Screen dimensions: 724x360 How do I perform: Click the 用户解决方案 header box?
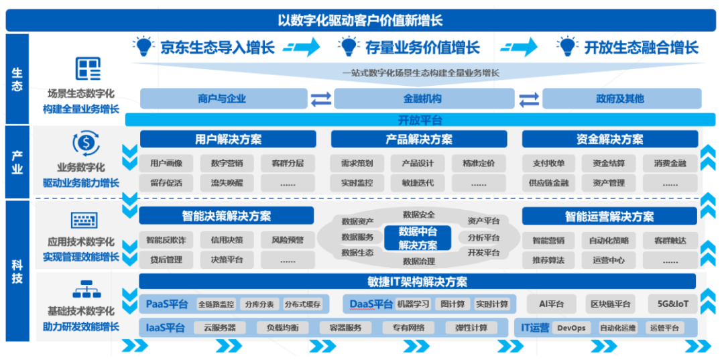pos(228,139)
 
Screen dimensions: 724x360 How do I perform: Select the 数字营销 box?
pos(227,163)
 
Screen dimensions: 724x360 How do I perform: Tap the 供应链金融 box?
pos(548,183)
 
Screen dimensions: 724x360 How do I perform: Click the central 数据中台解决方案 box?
pos(418,238)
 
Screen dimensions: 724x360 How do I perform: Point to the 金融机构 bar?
pos(424,99)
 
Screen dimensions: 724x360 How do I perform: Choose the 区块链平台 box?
pos(612,304)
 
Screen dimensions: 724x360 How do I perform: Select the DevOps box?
pos(571,328)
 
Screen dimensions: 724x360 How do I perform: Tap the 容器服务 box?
pos(345,328)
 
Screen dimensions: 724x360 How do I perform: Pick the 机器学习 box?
pos(413,304)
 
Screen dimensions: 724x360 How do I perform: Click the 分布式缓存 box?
pos(303,304)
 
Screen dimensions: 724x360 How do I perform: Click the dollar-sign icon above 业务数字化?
pos(86,143)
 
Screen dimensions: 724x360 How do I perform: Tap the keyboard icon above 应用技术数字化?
pos(84,220)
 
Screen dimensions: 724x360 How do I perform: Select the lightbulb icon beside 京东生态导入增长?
pos(143,47)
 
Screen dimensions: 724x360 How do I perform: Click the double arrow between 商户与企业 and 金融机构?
pos(321,99)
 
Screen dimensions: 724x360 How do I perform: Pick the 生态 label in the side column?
pos(17,79)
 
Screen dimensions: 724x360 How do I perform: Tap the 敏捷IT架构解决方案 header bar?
pos(417,281)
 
